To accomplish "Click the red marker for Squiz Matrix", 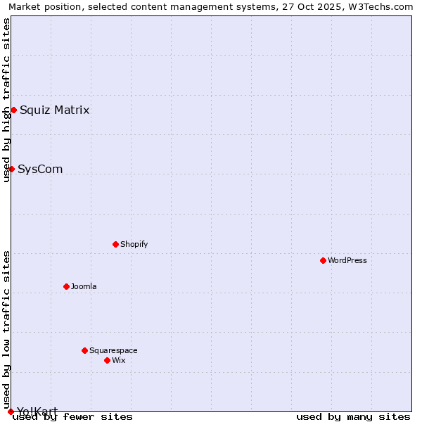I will click(13, 110).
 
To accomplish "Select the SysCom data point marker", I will click(11, 169).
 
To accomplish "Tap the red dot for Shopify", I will click(115, 244).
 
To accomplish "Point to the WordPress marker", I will click(323, 260).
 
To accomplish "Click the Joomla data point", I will click(66, 286).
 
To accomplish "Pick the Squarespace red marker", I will click(84, 350).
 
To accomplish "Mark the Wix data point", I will click(107, 360).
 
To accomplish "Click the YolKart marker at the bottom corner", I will click(11, 411).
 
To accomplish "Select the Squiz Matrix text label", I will click(54, 110).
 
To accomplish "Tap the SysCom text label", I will click(40, 169).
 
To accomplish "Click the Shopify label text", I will click(134, 244).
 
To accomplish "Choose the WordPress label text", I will click(347, 260).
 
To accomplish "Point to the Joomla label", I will click(84, 286).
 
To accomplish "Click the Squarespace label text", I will click(113, 350).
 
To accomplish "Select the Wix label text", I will click(118, 360).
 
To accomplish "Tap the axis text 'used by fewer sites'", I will click(72, 416).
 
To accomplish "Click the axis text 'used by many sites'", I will click(353, 416).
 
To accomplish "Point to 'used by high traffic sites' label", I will click(6, 100).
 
